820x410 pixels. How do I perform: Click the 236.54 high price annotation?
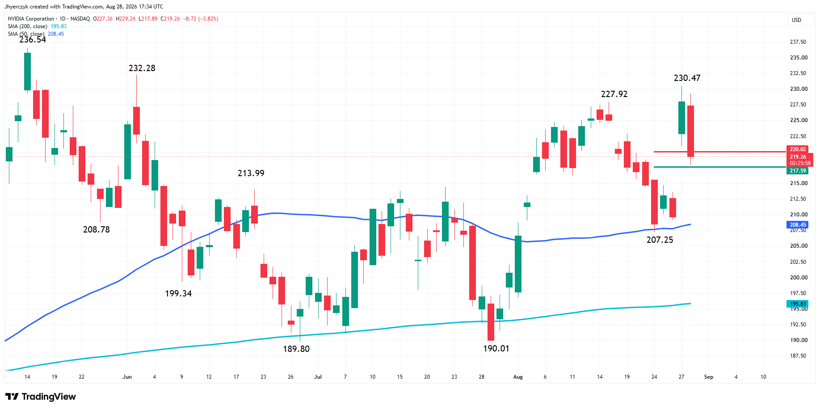[x=33, y=40]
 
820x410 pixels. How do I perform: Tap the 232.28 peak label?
[x=142, y=68]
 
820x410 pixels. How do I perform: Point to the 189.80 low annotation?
[x=296, y=349]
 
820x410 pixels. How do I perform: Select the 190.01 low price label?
[x=496, y=349]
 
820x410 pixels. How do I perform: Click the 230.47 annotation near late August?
[x=687, y=78]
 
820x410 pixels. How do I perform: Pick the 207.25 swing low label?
[x=660, y=240]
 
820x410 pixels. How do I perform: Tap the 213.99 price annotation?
[x=251, y=173]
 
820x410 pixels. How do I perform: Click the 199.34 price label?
[x=178, y=294]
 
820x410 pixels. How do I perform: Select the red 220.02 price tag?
[x=798, y=149]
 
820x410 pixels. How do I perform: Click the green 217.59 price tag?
[x=798, y=171]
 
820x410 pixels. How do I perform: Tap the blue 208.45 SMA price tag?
[x=798, y=225]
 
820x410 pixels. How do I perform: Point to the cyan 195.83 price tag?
[x=798, y=304]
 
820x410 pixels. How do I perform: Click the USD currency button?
[x=797, y=20]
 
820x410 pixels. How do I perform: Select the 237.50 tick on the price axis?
[x=798, y=42]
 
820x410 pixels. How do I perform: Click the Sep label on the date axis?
[x=709, y=377]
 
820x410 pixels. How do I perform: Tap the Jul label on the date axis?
[x=318, y=377]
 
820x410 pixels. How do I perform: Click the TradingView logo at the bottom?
[x=41, y=397]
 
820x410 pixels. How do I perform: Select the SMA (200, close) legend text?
[x=27, y=26]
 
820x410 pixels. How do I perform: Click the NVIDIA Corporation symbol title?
[x=31, y=19]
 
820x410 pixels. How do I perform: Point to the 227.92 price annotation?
[x=614, y=94]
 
